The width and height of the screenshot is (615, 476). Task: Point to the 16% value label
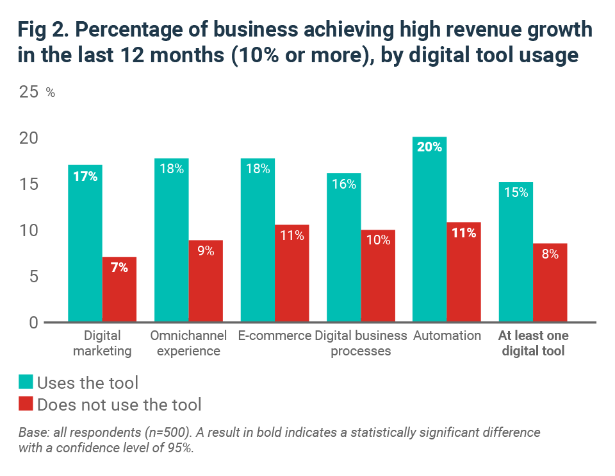[x=343, y=185]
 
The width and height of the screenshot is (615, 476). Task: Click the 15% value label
[x=516, y=192]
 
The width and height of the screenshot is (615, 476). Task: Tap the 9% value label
[x=206, y=251]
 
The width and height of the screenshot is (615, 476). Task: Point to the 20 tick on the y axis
[x=29, y=138]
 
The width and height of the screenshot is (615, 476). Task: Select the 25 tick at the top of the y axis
[x=29, y=92]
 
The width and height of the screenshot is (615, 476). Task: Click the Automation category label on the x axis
[x=447, y=336]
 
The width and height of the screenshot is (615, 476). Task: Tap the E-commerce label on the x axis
[x=274, y=336]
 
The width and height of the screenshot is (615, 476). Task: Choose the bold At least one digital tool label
[x=533, y=343]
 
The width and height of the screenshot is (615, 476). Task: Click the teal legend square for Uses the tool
[x=25, y=383]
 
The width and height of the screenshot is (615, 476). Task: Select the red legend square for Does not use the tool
[x=25, y=404]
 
